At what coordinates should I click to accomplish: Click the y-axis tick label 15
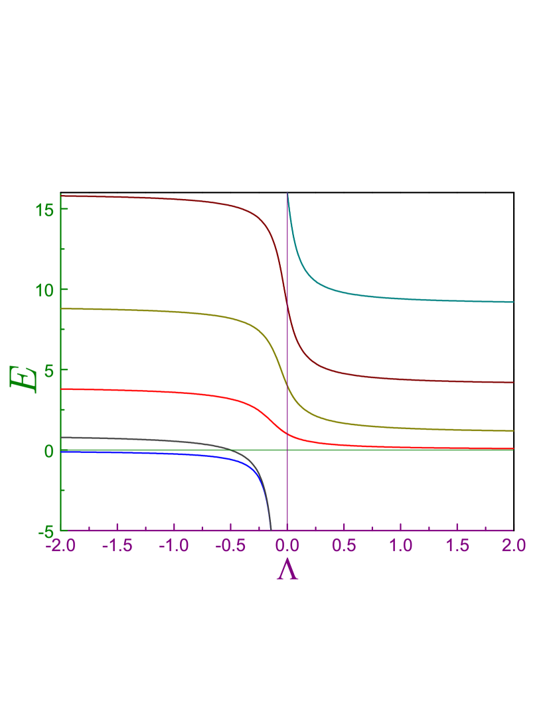click(x=44, y=210)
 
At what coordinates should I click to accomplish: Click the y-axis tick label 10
click(x=44, y=290)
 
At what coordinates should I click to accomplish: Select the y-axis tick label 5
click(x=48, y=370)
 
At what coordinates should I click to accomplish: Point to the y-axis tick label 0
click(x=48, y=450)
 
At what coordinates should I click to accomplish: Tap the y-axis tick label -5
click(x=45, y=531)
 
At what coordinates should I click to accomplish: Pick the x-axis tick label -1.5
click(x=117, y=545)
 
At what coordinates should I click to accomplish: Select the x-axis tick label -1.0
click(x=173, y=545)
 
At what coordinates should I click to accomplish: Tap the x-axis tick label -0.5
click(x=230, y=545)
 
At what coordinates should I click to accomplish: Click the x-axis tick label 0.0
click(x=287, y=545)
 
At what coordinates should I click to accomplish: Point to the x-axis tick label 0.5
click(x=344, y=545)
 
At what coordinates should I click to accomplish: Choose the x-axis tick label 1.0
click(x=400, y=545)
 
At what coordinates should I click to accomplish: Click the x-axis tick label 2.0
click(x=513, y=545)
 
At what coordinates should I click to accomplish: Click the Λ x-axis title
click(x=287, y=570)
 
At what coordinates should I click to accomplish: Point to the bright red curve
click(x=166, y=392)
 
